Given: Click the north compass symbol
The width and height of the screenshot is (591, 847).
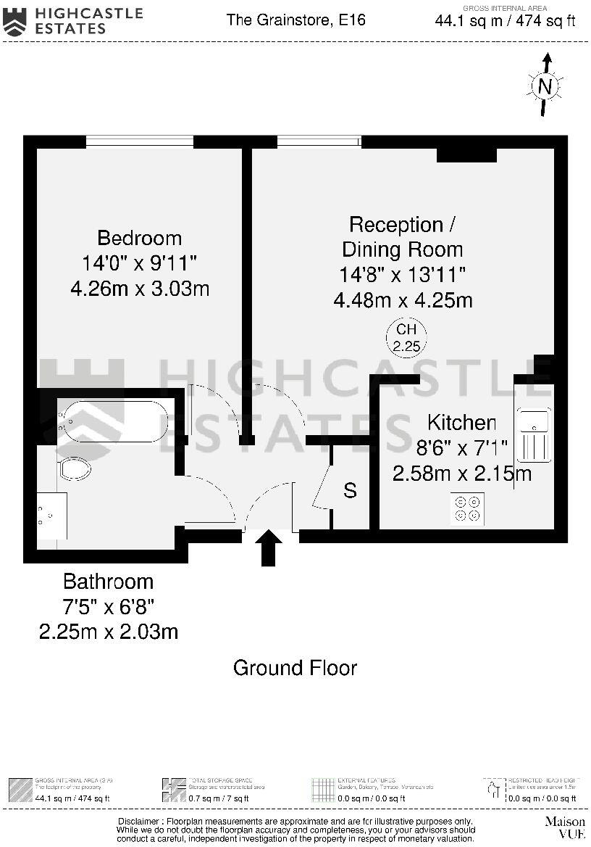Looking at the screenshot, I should pyautogui.click(x=546, y=86).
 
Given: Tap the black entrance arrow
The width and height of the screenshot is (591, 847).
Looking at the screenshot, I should pyautogui.click(x=269, y=547).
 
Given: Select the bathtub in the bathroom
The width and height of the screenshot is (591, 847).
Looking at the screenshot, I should pyautogui.click(x=114, y=421).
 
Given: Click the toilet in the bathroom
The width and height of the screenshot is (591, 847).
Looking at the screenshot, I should pyautogui.click(x=75, y=468).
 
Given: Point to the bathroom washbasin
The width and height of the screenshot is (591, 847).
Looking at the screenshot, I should pyautogui.click(x=51, y=516).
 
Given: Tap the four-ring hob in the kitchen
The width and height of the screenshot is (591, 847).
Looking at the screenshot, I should pyautogui.click(x=467, y=508).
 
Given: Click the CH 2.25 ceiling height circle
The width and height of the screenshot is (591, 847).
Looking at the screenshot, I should pyautogui.click(x=406, y=338).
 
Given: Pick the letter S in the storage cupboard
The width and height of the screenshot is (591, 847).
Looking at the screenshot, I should pyautogui.click(x=350, y=491).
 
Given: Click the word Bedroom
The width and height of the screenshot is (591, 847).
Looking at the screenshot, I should pyautogui.click(x=140, y=238).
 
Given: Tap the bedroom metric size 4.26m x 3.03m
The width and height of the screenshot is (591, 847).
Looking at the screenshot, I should pyautogui.click(x=140, y=289).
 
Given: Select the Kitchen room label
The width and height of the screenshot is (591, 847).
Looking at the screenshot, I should pyautogui.click(x=461, y=423).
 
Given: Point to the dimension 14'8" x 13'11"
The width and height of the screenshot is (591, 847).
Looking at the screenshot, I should pyautogui.click(x=402, y=275).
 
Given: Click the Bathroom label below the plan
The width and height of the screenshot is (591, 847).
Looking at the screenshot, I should pyautogui.click(x=108, y=582).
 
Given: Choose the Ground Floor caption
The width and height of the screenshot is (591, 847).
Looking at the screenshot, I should pyautogui.click(x=295, y=667).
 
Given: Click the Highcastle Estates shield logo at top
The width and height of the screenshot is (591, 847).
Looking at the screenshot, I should pyautogui.click(x=14, y=21).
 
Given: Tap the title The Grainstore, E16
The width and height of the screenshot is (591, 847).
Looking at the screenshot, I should pyautogui.click(x=295, y=20).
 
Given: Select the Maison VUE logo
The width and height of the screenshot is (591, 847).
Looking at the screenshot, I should pyautogui.click(x=564, y=827).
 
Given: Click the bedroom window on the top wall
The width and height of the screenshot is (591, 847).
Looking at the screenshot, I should pyautogui.click(x=140, y=141).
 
